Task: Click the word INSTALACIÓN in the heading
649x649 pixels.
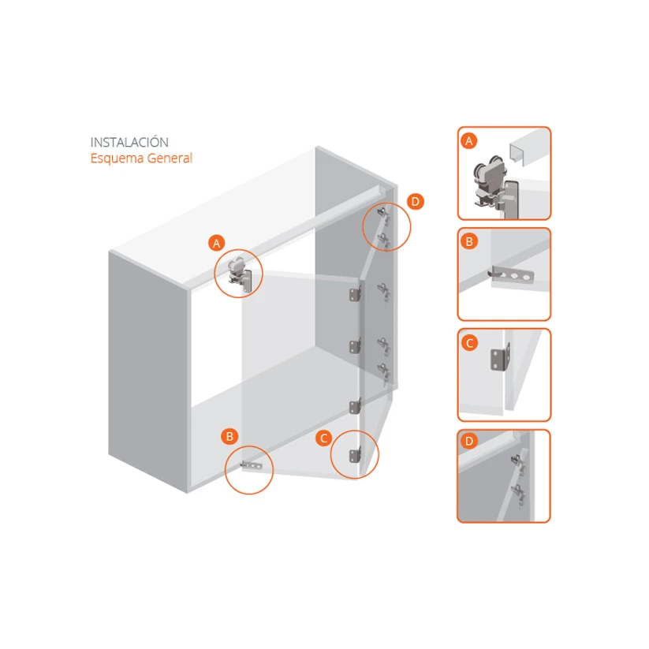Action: click(129, 142)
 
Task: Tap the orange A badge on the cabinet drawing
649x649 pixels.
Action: click(217, 244)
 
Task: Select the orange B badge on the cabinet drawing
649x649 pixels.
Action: click(229, 436)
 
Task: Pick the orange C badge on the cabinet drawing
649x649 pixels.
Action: click(323, 438)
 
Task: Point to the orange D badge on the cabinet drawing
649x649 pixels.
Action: click(415, 202)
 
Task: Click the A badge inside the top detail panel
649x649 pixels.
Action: click(469, 141)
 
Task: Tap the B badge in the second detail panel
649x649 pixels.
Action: click(469, 241)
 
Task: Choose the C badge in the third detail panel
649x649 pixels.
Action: click(469, 343)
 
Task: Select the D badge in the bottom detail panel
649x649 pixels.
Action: click(469, 441)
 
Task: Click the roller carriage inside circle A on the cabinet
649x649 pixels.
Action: click(240, 274)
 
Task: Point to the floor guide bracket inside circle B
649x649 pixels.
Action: click(252, 466)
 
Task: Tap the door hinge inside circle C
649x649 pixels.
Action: click(355, 456)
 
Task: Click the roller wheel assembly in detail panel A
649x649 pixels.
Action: click(490, 181)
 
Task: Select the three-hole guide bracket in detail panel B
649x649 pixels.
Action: click(511, 274)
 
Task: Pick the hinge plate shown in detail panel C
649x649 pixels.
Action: click(500, 356)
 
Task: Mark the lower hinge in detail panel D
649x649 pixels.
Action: click(518, 494)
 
